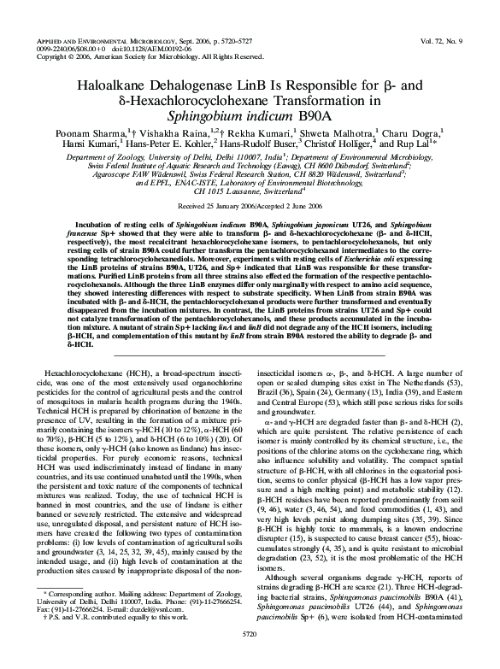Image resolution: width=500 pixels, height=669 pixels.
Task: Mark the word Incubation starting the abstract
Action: [x=81, y=220]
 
